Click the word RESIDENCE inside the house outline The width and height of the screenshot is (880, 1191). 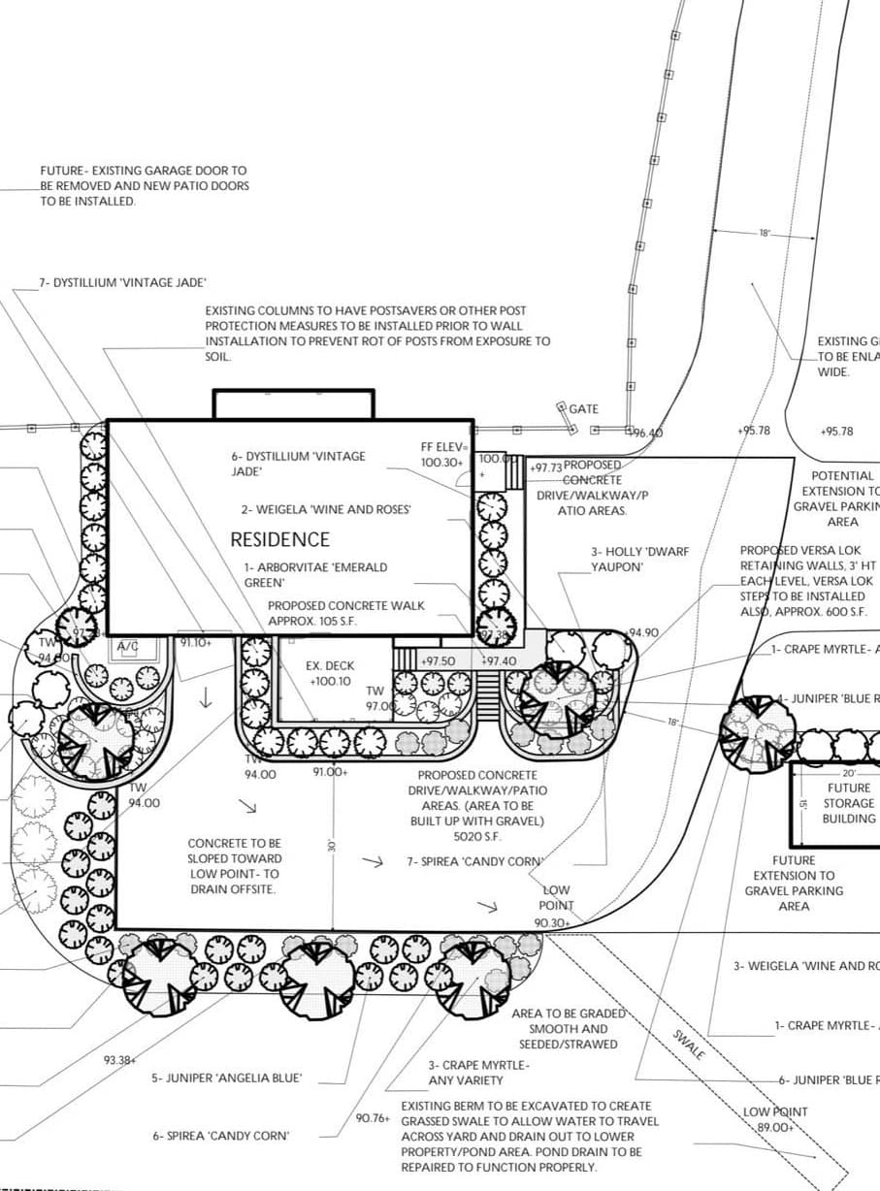(x=279, y=539)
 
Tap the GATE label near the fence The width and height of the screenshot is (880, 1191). (x=583, y=409)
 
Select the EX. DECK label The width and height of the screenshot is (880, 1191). (x=330, y=666)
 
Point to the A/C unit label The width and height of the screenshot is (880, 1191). (x=128, y=646)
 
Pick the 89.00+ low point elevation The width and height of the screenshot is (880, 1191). (x=775, y=1127)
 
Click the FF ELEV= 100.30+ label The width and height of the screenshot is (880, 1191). (x=444, y=456)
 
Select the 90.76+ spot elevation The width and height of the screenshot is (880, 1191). (x=373, y=1118)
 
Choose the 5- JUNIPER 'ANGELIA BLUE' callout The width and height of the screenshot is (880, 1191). (x=226, y=1078)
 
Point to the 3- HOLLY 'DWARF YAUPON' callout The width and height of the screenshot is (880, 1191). (x=639, y=559)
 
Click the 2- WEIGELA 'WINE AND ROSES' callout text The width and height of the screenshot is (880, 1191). (x=327, y=509)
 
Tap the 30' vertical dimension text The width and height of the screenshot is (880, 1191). (x=332, y=845)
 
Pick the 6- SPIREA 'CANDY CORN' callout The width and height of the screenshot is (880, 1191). (x=220, y=1136)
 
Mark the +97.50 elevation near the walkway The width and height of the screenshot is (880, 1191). (x=437, y=660)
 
